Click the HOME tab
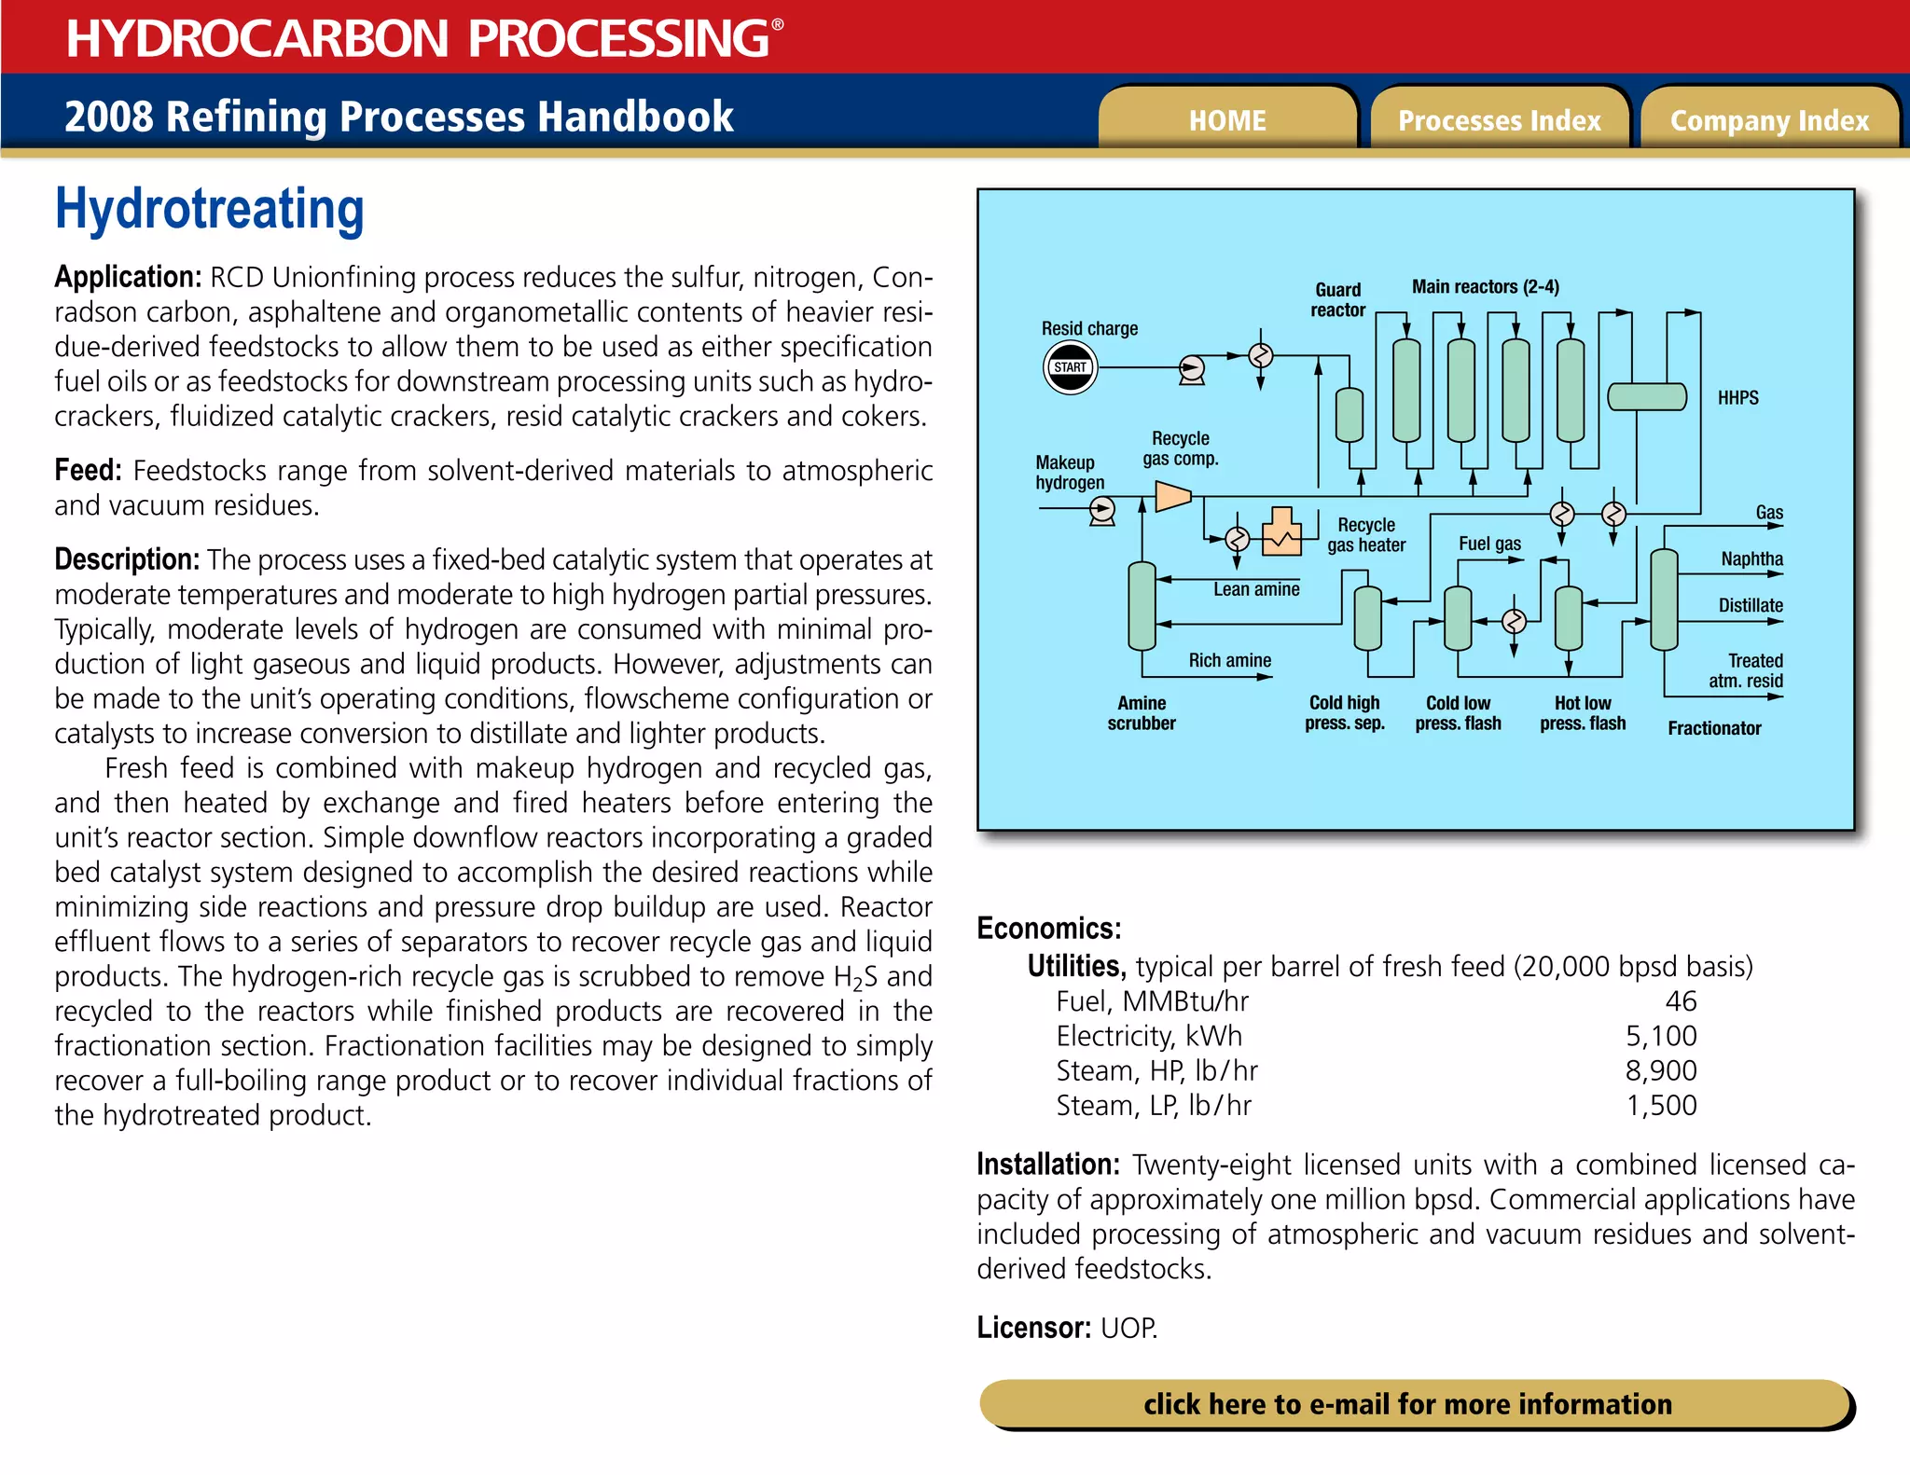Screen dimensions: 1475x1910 click(x=1226, y=120)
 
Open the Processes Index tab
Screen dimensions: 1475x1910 click(x=1499, y=120)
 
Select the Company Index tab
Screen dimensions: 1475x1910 click(x=1769, y=120)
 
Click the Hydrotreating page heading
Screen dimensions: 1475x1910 click(x=210, y=209)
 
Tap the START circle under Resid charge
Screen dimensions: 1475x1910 click(x=1070, y=367)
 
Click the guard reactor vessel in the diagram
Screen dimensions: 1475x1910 click(x=1349, y=414)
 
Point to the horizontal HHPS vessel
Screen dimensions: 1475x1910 click(x=1647, y=397)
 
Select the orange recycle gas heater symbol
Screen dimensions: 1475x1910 click(x=1281, y=533)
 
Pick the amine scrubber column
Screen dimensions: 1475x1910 click(x=1142, y=606)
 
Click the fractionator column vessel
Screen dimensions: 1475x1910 click(x=1664, y=600)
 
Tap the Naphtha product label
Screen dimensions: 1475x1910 click(x=1751, y=559)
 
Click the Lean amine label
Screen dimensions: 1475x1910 click(x=1255, y=589)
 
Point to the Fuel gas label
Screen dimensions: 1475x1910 click(x=1489, y=544)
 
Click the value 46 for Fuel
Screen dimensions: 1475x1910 click(x=1681, y=1001)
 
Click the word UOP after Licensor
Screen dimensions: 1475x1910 click(x=1128, y=1328)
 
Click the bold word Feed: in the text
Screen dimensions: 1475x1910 click(x=88, y=471)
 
